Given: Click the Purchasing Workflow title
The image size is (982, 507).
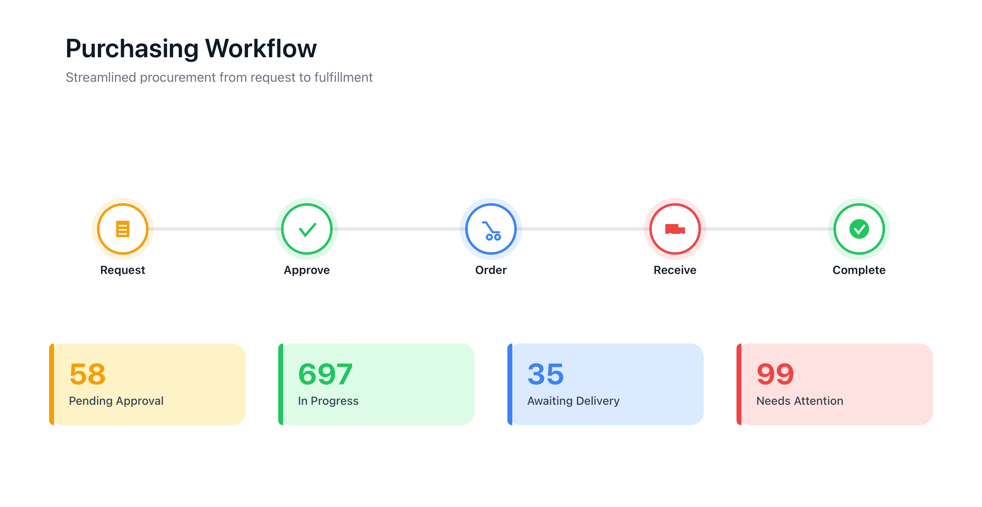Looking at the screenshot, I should [191, 49].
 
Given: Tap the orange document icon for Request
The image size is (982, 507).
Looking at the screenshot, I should [123, 229].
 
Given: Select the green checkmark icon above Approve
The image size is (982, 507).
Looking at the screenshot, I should [307, 229].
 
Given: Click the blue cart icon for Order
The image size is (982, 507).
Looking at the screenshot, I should [491, 231].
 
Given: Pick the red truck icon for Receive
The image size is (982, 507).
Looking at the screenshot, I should [675, 229].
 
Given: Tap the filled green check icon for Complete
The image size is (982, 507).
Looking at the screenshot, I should [859, 229].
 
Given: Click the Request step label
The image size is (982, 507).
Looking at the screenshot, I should [123, 270].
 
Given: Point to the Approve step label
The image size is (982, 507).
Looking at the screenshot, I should [307, 270].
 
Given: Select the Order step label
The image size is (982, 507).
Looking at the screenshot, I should [491, 270].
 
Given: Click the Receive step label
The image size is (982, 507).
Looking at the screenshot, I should [675, 270].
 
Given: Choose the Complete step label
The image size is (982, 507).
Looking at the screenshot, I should [859, 270].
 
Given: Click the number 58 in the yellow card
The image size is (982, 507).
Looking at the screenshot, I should [88, 374].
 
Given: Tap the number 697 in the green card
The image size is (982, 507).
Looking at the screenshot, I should [325, 374].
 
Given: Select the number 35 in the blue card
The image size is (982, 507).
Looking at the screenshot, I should [546, 374].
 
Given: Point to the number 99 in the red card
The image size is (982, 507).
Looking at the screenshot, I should [775, 374].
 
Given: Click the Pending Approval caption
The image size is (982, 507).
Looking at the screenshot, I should [116, 401].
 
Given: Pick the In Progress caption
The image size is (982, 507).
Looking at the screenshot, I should [328, 401].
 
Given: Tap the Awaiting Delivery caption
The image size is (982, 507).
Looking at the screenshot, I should [573, 401].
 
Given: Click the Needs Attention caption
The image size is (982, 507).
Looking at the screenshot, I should [800, 401].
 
